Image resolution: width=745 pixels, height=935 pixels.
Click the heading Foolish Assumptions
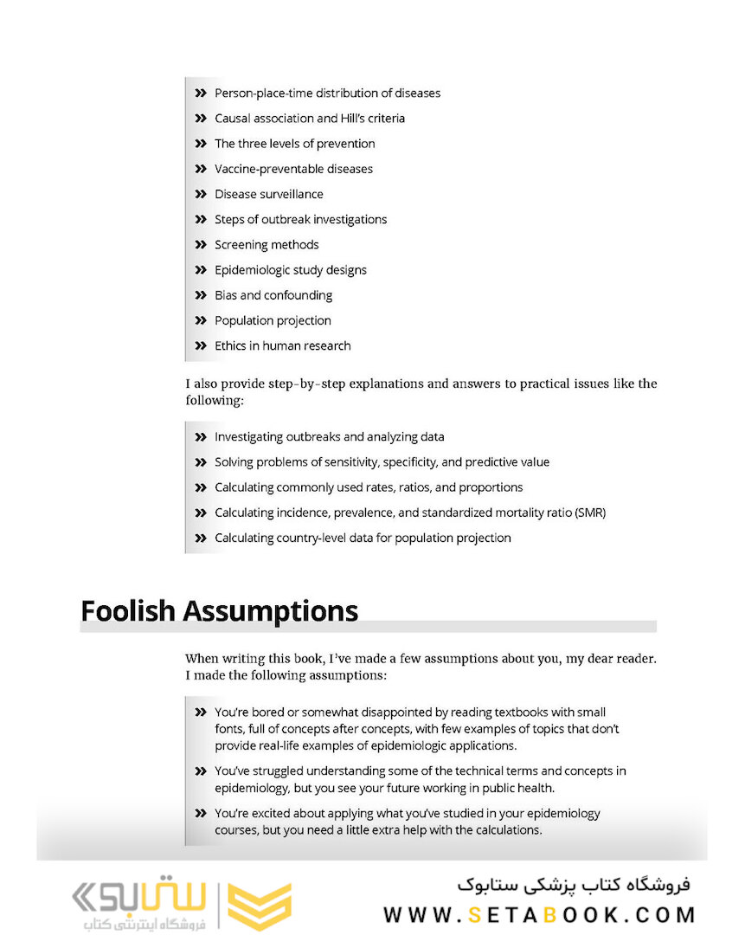pos(219,610)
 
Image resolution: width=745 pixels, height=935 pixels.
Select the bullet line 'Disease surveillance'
pos(268,194)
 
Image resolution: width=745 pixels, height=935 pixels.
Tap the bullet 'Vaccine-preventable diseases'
pos(293,169)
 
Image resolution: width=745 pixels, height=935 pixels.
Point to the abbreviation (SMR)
pos(589,513)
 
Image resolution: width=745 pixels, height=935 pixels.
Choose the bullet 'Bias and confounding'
pos(273,295)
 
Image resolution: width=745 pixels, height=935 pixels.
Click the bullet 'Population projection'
pos(273,320)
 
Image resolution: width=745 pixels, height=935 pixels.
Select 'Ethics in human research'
pos(282,345)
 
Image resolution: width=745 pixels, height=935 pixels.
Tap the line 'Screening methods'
pos(267,244)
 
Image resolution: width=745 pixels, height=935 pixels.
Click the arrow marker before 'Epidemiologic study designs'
pos(201,270)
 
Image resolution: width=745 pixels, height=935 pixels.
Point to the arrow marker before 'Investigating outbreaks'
pos(201,437)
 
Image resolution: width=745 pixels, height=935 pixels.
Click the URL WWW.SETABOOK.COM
pos(540,915)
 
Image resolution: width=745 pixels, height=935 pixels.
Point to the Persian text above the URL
pos(574,885)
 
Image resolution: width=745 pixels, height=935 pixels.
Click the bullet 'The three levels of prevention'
pos(294,144)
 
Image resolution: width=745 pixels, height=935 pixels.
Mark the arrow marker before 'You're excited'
pos(201,814)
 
